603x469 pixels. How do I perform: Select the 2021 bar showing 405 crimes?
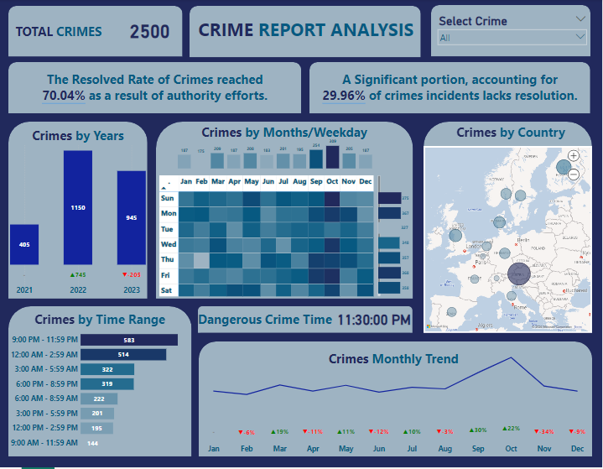(24, 244)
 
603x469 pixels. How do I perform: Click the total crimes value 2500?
(149, 32)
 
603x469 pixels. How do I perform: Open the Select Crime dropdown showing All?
(512, 38)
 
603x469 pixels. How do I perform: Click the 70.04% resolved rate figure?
(64, 96)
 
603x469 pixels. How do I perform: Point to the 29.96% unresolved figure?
(344, 96)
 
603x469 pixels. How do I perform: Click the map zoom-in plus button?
(573, 156)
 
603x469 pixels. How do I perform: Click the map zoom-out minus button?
(573, 174)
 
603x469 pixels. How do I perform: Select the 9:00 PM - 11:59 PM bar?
(129, 340)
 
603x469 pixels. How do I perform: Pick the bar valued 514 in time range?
(123, 355)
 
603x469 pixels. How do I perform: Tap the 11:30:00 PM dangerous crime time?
(374, 320)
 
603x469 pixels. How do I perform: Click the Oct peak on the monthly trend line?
(512, 358)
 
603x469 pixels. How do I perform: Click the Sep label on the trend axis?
(478, 449)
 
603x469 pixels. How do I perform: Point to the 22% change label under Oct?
(512, 430)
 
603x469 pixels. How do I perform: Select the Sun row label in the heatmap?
(168, 198)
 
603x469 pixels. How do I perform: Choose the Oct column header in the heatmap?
(332, 180)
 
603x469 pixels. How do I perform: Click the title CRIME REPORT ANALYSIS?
(305, 30)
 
